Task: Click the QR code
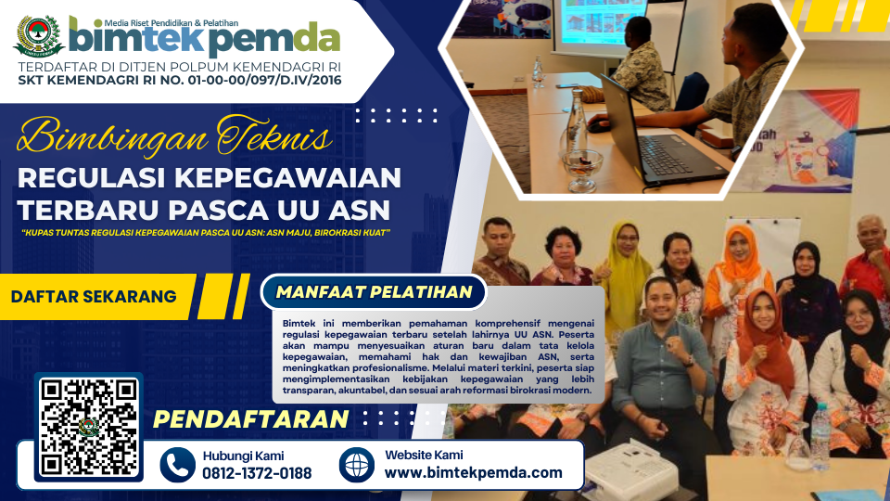click(x=89, y=427)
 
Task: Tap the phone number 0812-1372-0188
click(x=257, y=473)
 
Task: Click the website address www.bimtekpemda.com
click(x=474, y=472)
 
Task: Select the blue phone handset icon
click(x=178, y=465)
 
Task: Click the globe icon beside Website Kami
click(x=356, y=465)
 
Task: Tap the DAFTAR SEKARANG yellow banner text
click(x=94, y=297)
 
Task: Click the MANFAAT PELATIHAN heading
click(x=374, y=292)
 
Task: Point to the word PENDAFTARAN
click(x=251, y=419)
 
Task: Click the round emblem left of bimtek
click(x=39, y=36)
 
